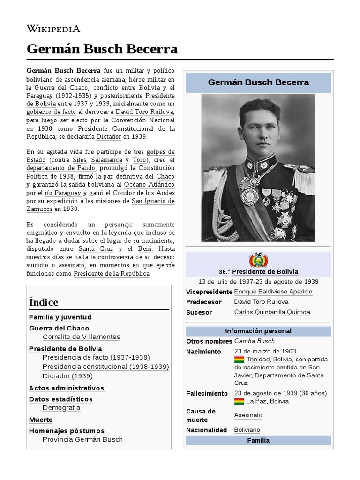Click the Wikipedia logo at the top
(x=53, y=29)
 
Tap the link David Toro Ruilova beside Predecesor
(x=261, y=302)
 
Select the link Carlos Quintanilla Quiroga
(x=272, y=312)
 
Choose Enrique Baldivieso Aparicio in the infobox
(x=273, y=292)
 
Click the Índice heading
(x=44, y=302)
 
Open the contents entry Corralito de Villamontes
(x=81, y=337)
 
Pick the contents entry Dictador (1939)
(x=67, y=376)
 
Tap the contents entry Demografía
(x=61, y=408)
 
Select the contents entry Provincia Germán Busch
(x=82, y=440)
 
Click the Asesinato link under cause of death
(x=248, y=415)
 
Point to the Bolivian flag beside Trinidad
(x=239, y=360)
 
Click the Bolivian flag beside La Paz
(x=239, y=402)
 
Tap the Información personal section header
(x=258, y=331)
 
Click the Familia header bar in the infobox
(x=258, y=441)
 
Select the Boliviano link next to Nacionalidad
(x=247, y=430)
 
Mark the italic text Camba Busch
(x=254, y=341)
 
